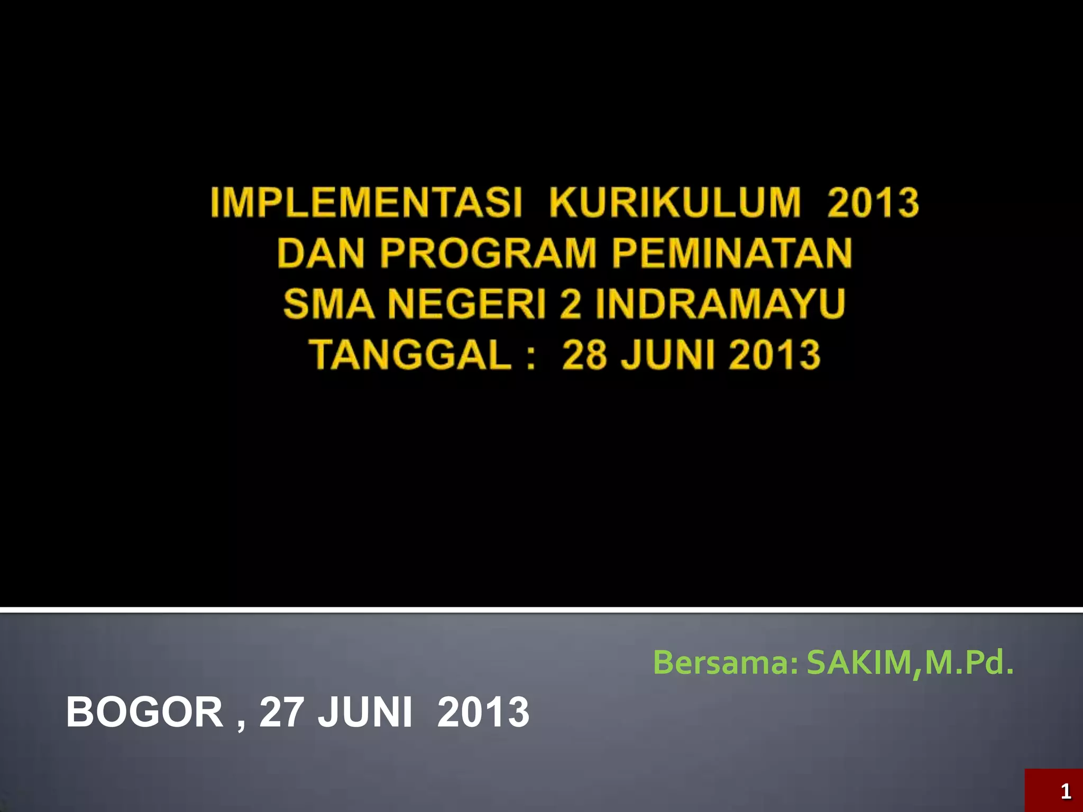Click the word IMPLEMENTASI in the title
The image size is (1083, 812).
coord(366,203)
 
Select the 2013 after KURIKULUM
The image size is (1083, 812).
coord(873,203)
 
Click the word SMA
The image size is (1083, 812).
coord(329,304)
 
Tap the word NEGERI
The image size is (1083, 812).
coord(467,304)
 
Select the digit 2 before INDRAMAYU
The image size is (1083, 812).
coord(570,304)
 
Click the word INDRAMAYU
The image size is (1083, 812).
coord(721,304)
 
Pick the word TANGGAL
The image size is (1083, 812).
coord(410,355)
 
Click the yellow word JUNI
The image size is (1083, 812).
coord(669,355)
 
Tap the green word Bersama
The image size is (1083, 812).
coord(725,662)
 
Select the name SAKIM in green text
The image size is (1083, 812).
coord(859,662)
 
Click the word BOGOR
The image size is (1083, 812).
coord(144,712)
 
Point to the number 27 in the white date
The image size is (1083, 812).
coord(281,712)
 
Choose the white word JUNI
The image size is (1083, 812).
coord(365,712)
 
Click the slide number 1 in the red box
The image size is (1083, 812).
coord(1066,791)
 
